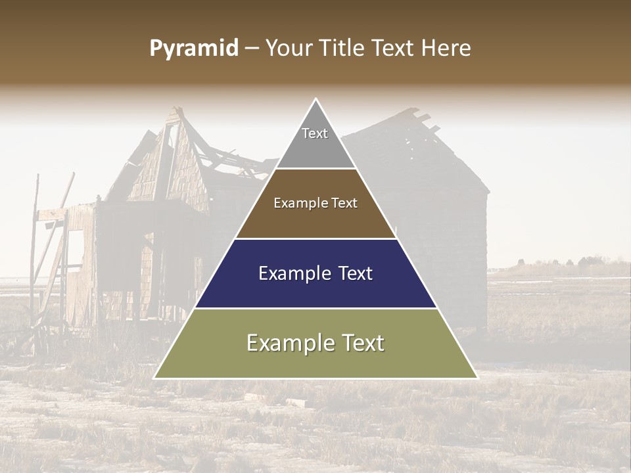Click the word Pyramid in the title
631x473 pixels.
click(x=193, y=49)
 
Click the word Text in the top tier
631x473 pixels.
click(x=315, y=133)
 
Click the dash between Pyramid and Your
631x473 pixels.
click(x=252, y=49)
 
